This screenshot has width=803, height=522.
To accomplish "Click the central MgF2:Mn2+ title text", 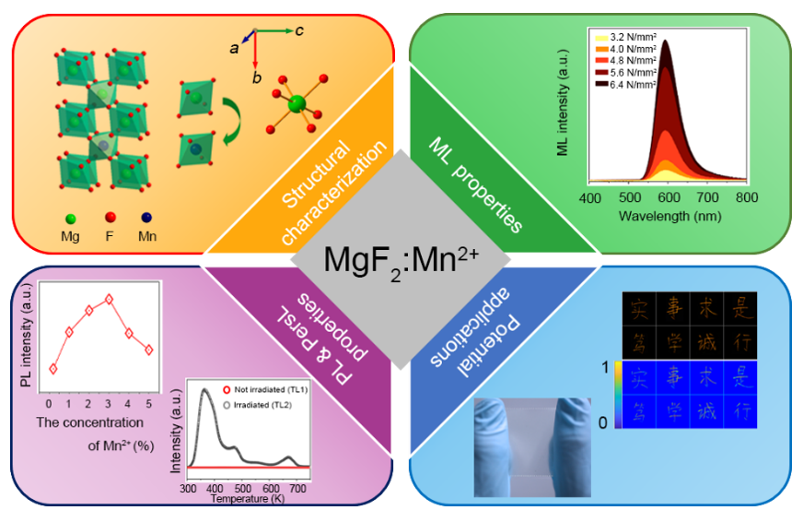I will (401, 261).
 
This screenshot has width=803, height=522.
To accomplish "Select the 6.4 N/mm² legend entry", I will (631, 84).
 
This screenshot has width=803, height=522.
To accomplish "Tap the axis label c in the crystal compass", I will (300, 30).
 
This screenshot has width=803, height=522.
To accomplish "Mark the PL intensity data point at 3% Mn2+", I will (110, 299).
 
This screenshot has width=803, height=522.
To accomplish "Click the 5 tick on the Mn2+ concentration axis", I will (148, 403).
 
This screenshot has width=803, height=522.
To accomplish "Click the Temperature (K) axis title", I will (247, 499).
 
